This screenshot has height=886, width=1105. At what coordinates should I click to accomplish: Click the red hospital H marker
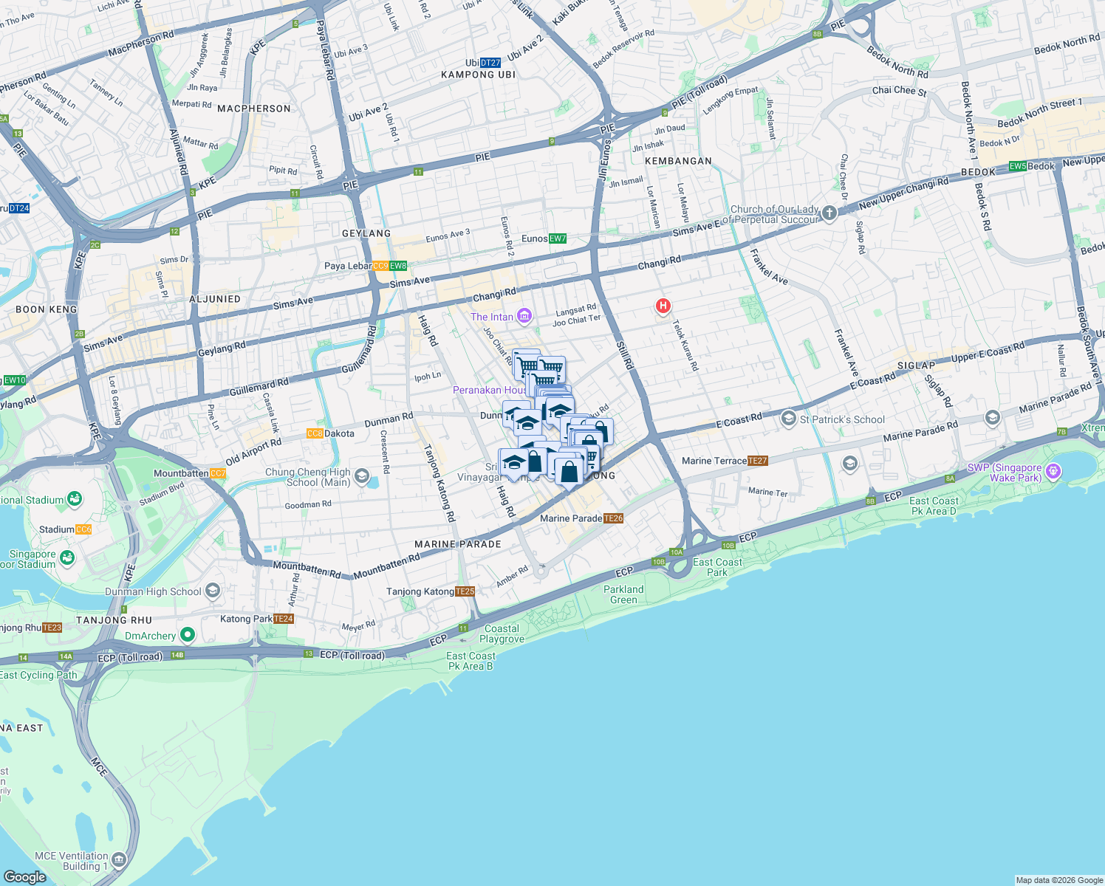point(663,306)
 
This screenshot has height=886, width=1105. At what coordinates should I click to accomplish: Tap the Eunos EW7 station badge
point(558,238)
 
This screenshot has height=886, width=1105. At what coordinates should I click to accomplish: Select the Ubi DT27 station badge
point(490,63)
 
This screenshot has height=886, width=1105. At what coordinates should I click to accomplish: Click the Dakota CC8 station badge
point(315,433)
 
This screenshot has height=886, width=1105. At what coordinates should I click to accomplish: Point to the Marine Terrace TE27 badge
point(758,461)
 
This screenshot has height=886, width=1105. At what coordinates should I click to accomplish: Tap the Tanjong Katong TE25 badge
point(465,591)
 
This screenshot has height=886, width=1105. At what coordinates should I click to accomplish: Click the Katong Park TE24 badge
point(284,619)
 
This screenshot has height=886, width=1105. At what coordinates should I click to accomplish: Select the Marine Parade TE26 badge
point(614,518)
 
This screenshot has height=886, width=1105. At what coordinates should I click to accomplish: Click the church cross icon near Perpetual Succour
point(829,214)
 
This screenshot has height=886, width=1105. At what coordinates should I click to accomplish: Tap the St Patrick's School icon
point(788,419)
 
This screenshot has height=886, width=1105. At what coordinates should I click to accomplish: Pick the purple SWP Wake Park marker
point(1053,471)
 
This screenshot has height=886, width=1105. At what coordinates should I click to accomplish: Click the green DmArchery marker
point(188,635)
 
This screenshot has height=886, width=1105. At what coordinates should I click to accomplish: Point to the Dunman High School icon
point(213,591)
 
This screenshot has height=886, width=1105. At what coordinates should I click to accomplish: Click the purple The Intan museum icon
point(524,317)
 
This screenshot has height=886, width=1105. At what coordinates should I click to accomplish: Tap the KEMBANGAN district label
point(678,161)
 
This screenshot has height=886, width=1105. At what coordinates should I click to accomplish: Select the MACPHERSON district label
point(254,109)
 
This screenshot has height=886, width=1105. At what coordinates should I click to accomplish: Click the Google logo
point(25,876)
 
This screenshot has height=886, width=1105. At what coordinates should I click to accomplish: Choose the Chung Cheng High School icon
point(361,476)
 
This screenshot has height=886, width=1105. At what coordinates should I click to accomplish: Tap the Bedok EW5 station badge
point(1018,166)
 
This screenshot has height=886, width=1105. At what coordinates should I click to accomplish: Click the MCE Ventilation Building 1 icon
point(119,861)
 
